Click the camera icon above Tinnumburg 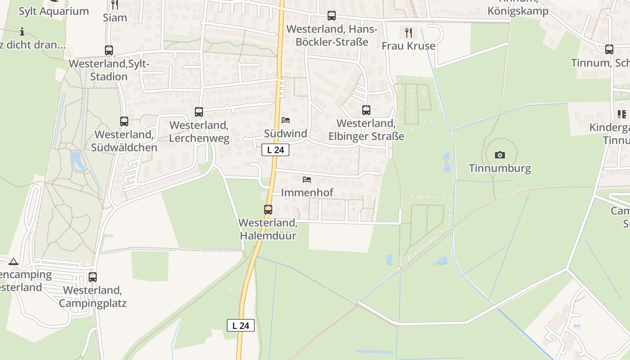click(499, 155)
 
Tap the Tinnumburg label click(499, 169)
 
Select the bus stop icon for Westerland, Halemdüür click(268, 209)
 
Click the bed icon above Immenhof click(307, 180)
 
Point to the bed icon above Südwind click(286, 120)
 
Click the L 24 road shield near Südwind click(275, 150)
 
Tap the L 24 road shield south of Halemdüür click(241, 325)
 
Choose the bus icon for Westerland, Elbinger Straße click(366, 110)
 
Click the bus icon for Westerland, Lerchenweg click(199, 112)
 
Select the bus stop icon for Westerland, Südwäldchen click(124, 121)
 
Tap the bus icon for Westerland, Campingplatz click(93, 277)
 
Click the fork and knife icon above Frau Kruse click(408, 32)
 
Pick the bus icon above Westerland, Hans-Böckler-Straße click(332, 16)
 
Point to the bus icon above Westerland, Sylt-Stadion click(109, 50)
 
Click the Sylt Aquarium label click(54, 11)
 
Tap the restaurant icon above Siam click(115, 4)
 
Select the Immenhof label click(307, 193)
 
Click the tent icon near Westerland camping click(13, 261)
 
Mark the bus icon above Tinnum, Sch click(609, 49)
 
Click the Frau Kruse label click(408, 46)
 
